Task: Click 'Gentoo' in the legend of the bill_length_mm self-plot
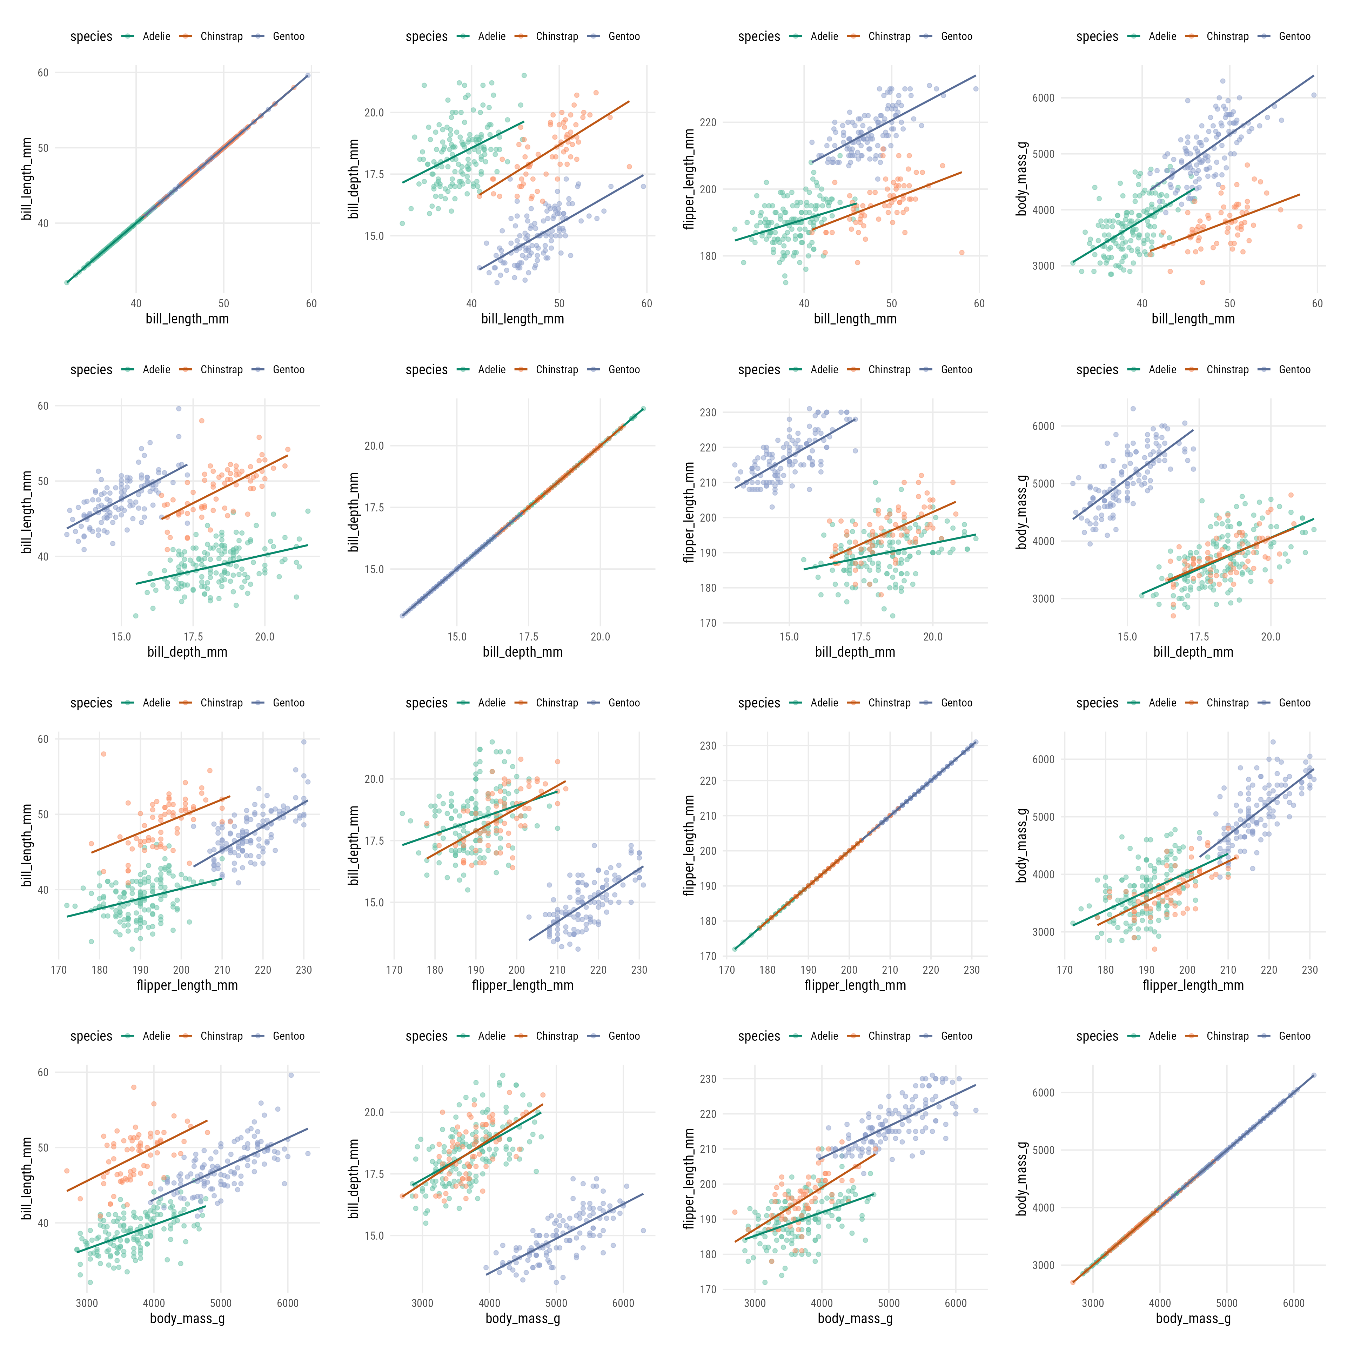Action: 289,36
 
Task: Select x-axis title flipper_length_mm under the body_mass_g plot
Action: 1193,985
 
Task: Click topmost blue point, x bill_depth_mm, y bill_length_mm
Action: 179,409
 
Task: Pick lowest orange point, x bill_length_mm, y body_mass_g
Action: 1203,282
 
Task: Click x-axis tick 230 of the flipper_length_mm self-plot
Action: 972,970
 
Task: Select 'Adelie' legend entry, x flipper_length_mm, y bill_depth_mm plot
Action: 491,703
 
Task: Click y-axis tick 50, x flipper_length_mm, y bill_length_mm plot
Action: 43,814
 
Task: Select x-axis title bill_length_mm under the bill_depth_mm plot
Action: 522,319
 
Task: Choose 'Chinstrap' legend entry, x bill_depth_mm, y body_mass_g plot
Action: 1227,369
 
